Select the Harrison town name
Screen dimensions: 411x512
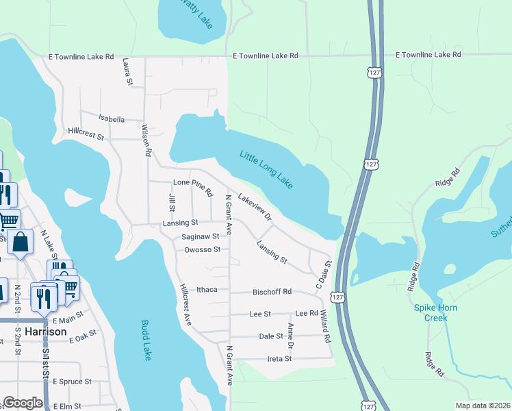pyautogui.click(x=46, y=332)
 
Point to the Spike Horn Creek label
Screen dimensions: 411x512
pyautogui.click(x=439, y=312)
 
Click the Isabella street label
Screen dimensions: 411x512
pyautogui.click(x=112, y=119)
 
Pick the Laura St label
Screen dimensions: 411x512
pyautogui.click(x=127, y=72)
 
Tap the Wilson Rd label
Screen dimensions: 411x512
pyautogui.click(x=145, y=140)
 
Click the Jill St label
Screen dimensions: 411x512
pyautogui.click(x=172, y=203)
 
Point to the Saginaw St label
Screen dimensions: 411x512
pyautogui.click(x=201, y=236)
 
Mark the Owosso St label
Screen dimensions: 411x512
pyautogui.click(x=202, y=250)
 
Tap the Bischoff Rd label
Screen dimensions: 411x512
pyautogui.click(x=272, y=292)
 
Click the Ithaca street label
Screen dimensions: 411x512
pyautogui.click(x=207, y=290)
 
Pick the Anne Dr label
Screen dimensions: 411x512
pyautogui.click(x=290, y=336)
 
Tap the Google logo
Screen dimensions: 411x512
pyautogui.click(x=23, y=403)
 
